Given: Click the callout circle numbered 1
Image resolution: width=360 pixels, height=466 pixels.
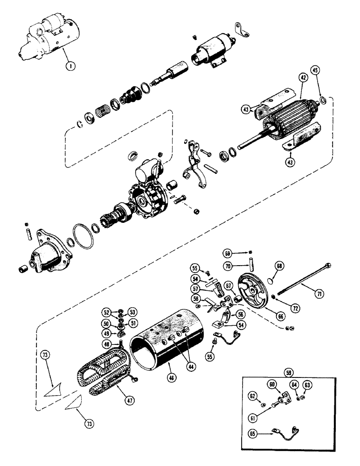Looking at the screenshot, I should [70, 66].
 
